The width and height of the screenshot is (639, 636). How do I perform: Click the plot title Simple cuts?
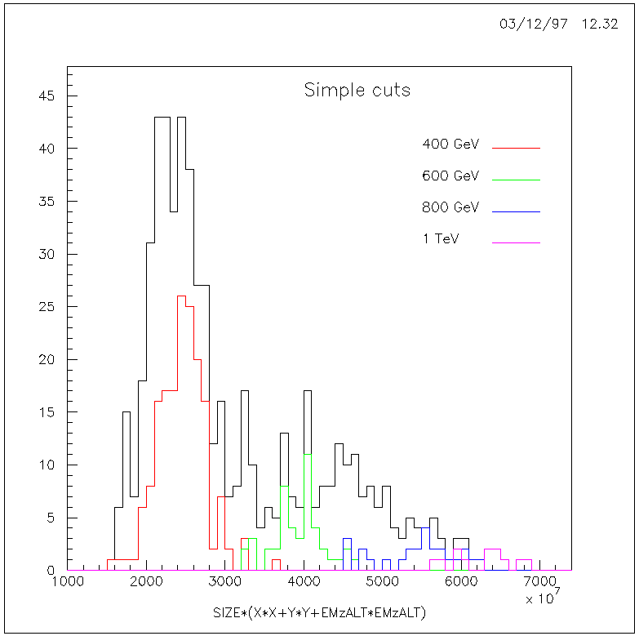coord(357,90)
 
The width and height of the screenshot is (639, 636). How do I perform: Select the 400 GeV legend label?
coord(450,145)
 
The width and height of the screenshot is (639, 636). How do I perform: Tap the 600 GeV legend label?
coord(450,176)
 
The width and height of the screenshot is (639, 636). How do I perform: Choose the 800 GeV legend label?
coord(450,207)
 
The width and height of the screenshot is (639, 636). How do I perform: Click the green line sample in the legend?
coord(516,180)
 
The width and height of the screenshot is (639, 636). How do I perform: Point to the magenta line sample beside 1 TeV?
coord(516,242)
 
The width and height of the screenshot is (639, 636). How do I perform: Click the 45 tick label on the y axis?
coord(47,96)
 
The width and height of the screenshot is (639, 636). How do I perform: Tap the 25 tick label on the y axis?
coord(47,307)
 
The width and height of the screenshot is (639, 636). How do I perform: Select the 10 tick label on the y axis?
coord(47,465)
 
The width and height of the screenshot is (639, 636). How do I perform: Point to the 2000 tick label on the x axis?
coord(147,582)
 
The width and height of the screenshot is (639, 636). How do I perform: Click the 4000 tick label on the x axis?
coord(304,582)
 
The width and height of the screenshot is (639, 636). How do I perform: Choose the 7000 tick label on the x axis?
coord(540,582)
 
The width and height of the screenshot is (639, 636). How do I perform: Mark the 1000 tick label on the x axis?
coord(69,582)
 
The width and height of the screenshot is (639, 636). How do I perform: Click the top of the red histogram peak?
coord(182,296)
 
